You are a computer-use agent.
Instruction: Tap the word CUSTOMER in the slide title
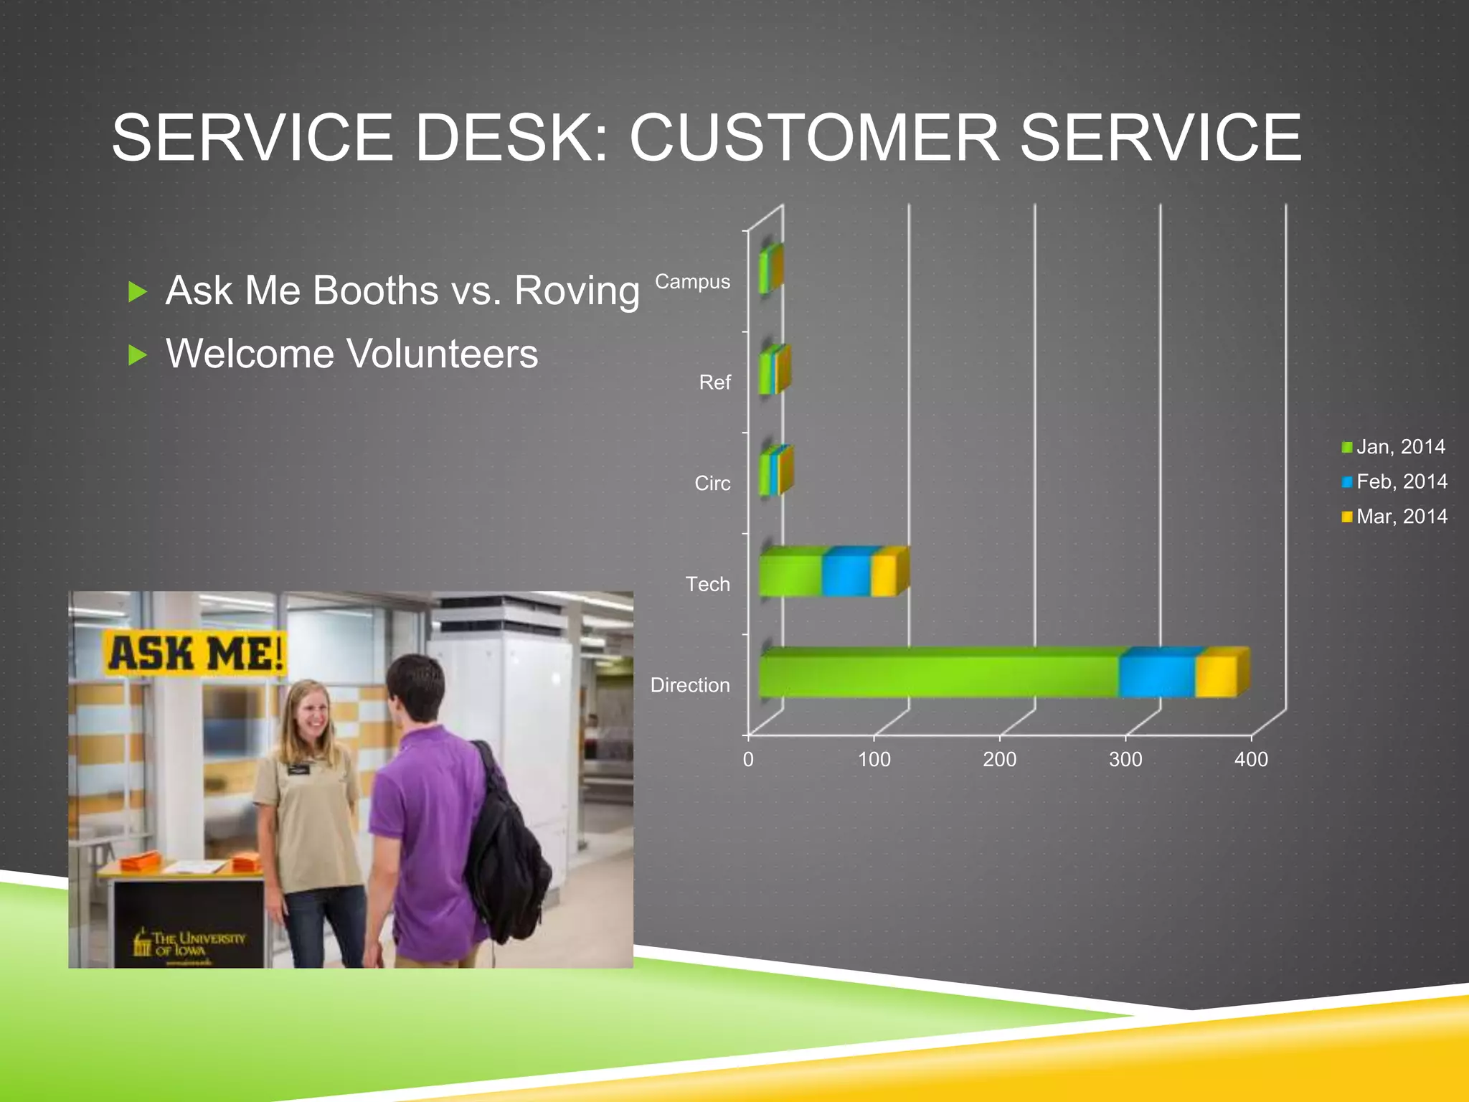(814, 138)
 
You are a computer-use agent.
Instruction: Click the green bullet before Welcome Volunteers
(137, 354)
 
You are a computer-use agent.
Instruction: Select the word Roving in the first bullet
(577, 291)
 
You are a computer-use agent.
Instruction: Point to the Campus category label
(692, 282)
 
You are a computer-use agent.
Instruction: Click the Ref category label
(714, 382)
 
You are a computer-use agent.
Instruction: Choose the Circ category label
(712, 484)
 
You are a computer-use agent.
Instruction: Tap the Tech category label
(707, 584)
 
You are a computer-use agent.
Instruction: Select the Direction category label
(690, 685)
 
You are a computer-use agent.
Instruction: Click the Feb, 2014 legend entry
(1394, 481)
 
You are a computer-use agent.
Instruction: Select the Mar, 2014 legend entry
(1394, 517)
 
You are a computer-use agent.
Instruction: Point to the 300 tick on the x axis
(1125, 759)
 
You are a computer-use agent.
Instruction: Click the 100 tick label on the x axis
(874, 759)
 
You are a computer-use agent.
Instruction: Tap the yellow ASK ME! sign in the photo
(195, 654)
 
